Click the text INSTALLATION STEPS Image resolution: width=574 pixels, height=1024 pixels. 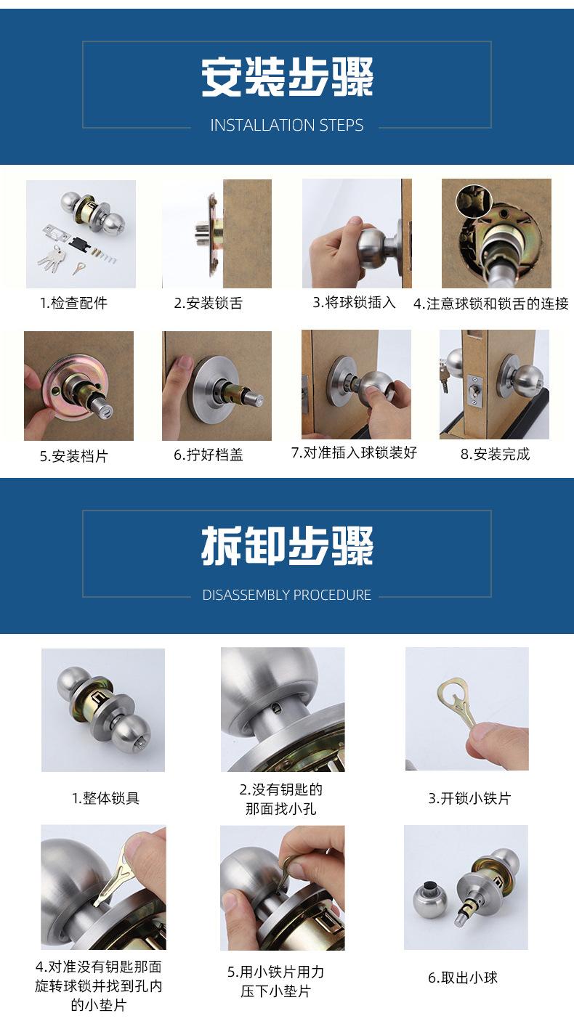(x=287, y=126)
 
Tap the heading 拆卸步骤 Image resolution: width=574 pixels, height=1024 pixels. (x=287, y=547)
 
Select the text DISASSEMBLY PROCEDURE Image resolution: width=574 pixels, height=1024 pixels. (x=287, y=595)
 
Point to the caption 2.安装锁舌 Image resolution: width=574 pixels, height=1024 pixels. (x=208, y=303)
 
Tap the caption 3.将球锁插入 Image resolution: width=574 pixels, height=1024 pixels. (x=354, y=302)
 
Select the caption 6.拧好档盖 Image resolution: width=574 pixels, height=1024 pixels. (x=208, y=455)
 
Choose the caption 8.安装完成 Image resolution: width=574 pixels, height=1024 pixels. (x=496, y=455)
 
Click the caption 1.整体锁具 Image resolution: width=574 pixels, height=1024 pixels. (x=105, y=798)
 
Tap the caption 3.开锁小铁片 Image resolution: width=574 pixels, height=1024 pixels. (x=469, y=798)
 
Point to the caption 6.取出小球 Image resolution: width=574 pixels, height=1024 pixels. (x=463, y=978)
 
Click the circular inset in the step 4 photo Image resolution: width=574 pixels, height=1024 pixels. (x=473, y=200)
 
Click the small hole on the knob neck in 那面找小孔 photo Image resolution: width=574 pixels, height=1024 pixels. (x=277, y=708)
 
